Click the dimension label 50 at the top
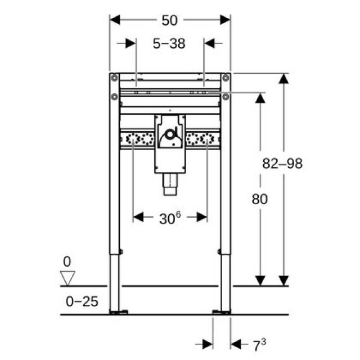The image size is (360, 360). coord(169,20)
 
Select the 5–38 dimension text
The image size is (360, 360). coord(170,43)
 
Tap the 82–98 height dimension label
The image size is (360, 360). coord(282,164)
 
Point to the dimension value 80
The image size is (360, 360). coord(260,199)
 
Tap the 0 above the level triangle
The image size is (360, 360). coord(67,262)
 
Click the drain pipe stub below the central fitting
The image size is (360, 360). coord(170,185)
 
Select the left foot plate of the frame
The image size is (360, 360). coord(119,312)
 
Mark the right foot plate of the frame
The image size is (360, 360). coord(220,312)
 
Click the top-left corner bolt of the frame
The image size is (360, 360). coord(115,77)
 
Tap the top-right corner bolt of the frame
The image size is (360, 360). coord(225,77)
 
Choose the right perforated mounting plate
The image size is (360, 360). coord(201,139)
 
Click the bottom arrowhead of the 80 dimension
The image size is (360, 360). coord(260,280)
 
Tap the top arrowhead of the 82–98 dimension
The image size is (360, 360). coord(284,79)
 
